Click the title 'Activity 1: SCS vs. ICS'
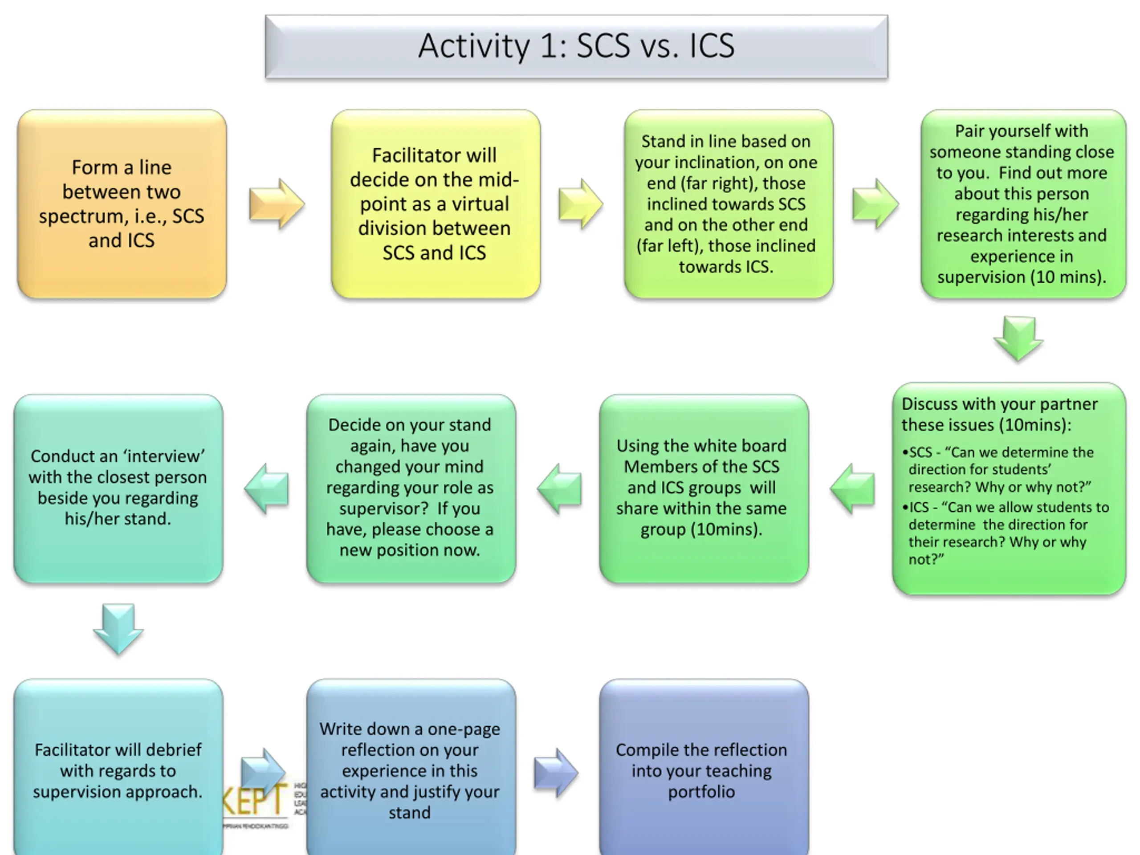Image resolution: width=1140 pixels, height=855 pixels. click(576, 46)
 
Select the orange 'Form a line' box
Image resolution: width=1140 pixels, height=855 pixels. click(122, 204)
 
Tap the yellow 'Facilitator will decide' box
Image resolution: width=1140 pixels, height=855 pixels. click(436, 204)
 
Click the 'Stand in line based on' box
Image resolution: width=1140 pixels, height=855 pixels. click(728, 204)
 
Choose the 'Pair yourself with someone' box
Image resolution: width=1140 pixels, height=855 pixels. click(1022, 204)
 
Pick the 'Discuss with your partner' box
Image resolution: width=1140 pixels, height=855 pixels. click(1009, 488)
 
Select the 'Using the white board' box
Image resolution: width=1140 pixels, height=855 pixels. click(704, 488)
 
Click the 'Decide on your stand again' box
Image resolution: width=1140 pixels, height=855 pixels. click(410, 488)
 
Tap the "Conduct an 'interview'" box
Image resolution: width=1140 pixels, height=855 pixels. click(118, 488)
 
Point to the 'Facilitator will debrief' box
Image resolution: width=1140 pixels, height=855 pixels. click(118, 770)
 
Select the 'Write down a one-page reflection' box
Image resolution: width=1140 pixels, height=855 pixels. click(410, 770)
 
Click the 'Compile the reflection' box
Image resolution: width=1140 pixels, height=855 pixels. click(704, 770)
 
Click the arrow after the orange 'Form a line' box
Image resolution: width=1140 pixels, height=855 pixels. click(276, 204)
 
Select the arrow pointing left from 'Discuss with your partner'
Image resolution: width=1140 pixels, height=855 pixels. click(853, 488)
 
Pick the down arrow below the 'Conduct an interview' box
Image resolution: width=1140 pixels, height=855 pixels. click(118, 629)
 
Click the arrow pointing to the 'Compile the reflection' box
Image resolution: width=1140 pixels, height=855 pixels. click(556, 772)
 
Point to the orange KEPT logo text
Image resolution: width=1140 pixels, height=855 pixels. click(255, 800)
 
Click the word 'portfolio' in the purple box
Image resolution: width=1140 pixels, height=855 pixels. click(701, 792)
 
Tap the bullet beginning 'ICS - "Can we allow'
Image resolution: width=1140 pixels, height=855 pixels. click(1005, 533)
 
